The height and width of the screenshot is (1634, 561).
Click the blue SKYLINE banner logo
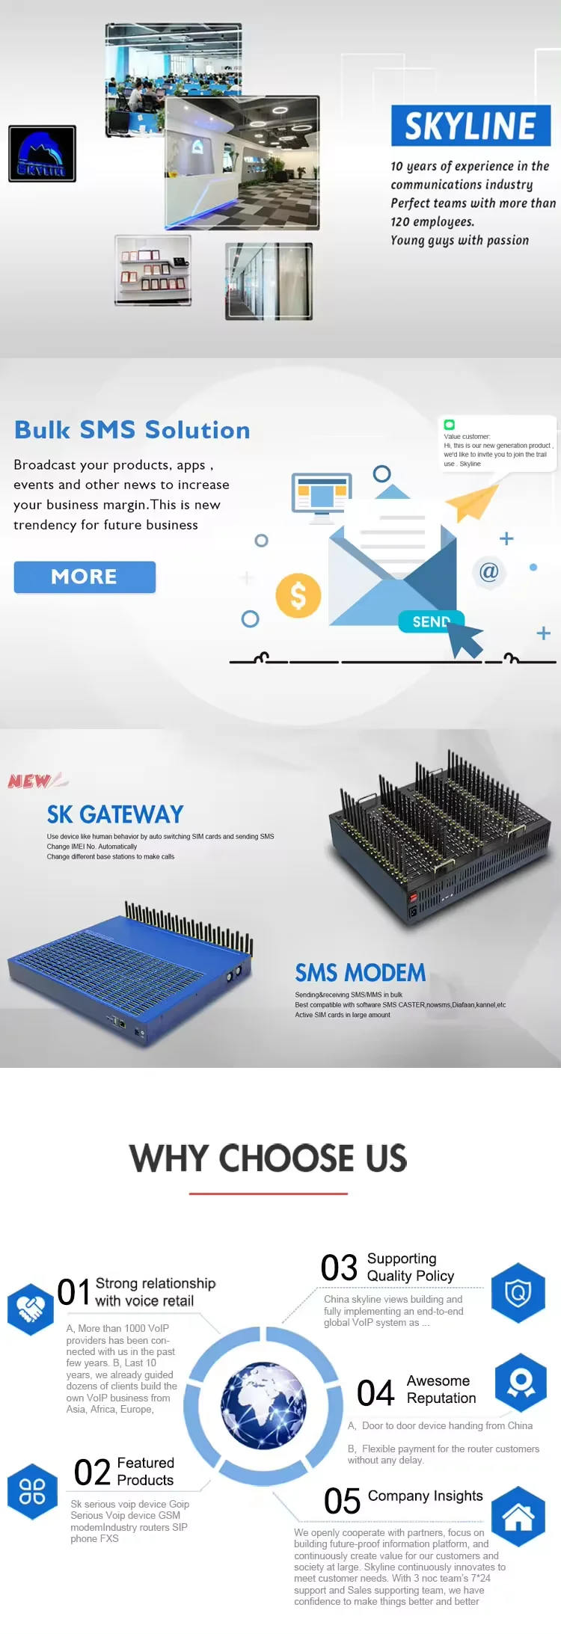(x=470, y=126)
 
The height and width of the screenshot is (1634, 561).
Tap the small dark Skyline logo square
(x=42, y=153)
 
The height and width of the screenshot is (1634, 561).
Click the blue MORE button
(x=85, y=577)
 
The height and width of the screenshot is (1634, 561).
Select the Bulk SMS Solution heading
(x=132, y=430)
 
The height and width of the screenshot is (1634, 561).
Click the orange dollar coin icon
(x=298, y=595)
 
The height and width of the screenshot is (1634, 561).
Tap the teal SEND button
(x=431, y=621)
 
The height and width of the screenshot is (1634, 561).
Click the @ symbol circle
(x=488, y=572)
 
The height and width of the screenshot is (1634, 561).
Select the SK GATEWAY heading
(x=115, y=814)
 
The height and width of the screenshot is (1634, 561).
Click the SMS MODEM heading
(x=361, y=973)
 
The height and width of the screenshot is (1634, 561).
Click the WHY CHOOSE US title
(x=269, y=1158)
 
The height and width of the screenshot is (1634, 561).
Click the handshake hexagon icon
(x=31, y=1309)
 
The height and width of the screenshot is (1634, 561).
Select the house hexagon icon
(x=518, y=1516)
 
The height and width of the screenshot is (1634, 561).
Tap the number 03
(x=339, y=1268)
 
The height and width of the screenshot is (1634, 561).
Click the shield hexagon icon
(x=518, y=1292)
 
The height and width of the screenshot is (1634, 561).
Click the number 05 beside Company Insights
(x=343, y=1501)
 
